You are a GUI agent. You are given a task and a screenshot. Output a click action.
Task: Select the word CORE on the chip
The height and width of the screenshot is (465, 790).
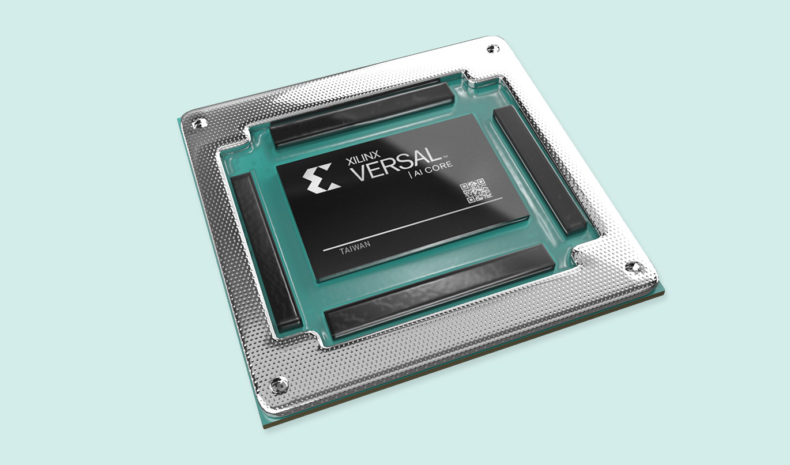(x=440, y=167)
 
